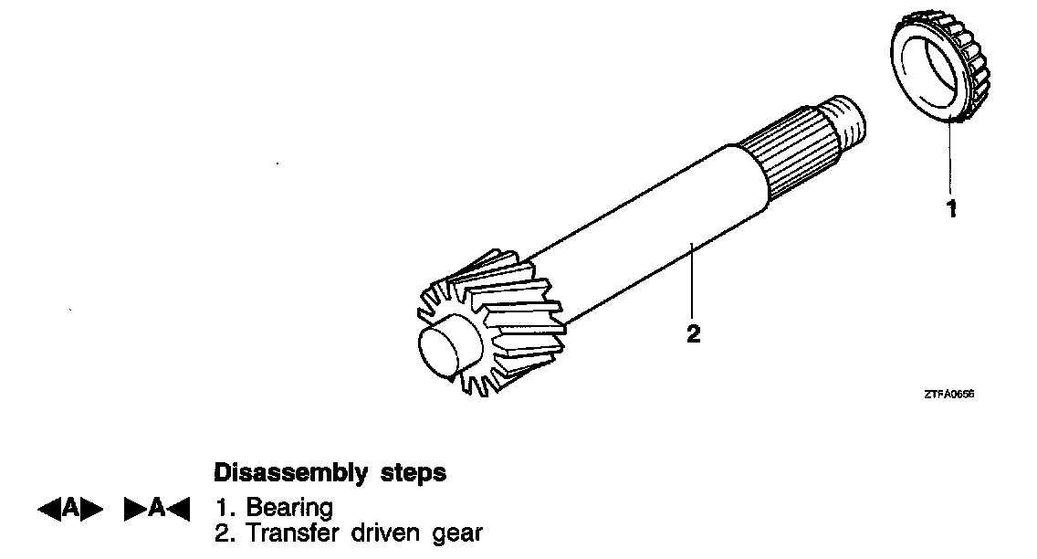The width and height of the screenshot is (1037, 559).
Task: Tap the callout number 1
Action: pos(951,209)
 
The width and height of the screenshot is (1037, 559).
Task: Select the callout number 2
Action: pos(693,333)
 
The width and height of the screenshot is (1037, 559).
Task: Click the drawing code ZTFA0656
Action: pos(948,394)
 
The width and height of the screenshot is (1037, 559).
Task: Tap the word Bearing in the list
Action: pos(289,508)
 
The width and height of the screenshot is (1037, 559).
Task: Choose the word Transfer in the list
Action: pos(288,533)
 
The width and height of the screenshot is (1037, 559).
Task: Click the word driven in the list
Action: pos(384,533)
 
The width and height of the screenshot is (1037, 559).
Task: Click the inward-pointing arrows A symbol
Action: pos(156,509)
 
